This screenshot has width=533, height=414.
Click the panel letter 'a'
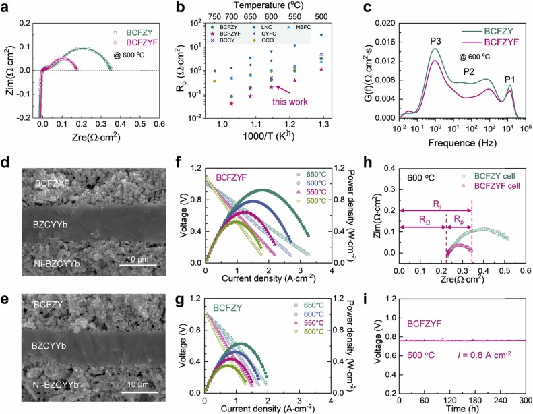pyautogui.click(x=7, y=8)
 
